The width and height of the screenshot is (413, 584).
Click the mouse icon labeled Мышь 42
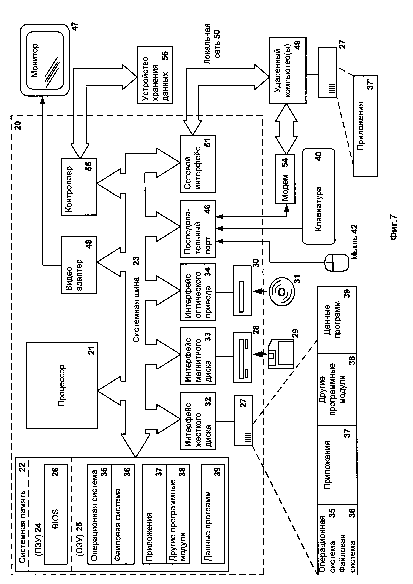click(x=336, y=262)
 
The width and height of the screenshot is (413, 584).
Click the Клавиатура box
click(x=318, y=196)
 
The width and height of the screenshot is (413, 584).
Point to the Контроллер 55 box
click(x=79, y=187)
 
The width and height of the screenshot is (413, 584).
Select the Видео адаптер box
click(x=79, y=265)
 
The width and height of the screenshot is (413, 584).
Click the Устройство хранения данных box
click(x=155, y=75)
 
